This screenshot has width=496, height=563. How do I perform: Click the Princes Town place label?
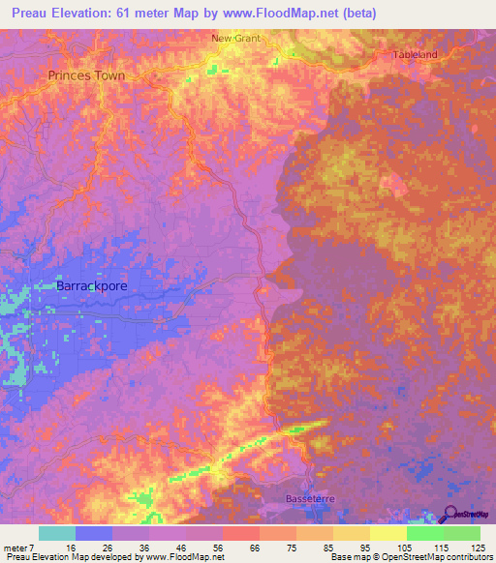[88, 74]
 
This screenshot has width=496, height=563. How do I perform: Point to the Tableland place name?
[416, 55]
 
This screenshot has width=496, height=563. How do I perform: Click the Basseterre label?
[309, 499]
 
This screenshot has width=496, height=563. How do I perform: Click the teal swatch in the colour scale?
[56, 533]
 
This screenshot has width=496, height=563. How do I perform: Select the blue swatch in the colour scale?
[94, 533]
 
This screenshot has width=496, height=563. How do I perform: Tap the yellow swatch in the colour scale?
[387, 533]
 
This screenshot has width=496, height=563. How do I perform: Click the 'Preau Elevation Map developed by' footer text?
[73, 557]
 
